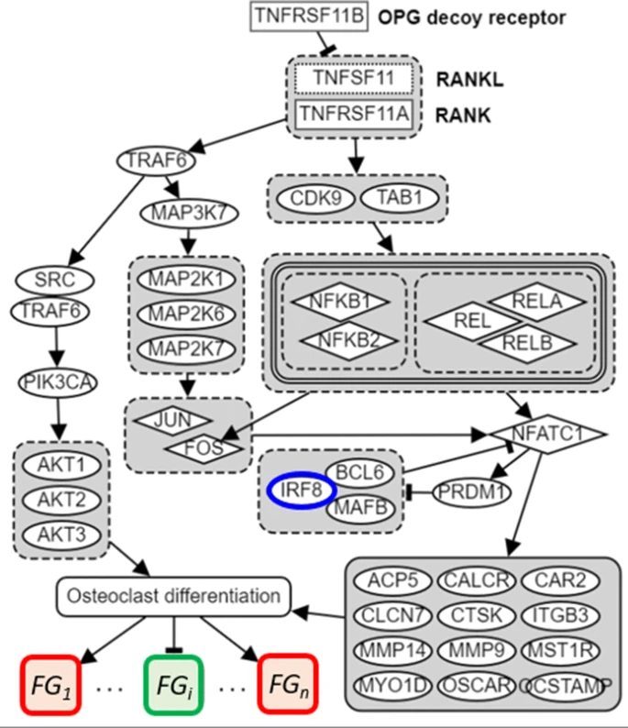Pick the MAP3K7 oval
(x=189, y=213)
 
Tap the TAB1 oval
(x=394, y=198)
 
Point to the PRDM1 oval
(x=470, y=491)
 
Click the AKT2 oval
(x=61, y=499)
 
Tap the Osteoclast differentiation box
(x=173, y=595)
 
